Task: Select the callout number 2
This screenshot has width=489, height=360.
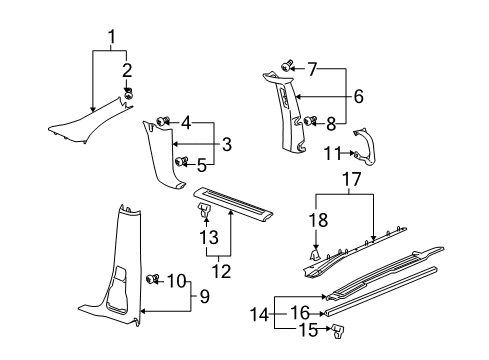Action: point(128,68)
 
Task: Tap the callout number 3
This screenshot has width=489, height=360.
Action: point(227,145)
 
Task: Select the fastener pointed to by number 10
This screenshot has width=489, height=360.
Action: point(153,277)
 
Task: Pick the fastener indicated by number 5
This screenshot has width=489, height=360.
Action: point(180,160)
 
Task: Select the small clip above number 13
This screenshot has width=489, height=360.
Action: point(203,211)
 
